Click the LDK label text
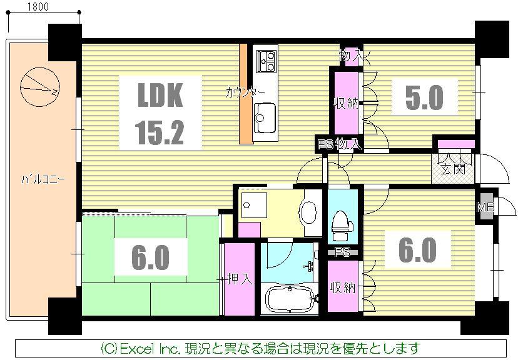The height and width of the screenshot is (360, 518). pyautogui.click(x=160, y=97)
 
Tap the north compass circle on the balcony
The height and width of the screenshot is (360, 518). pyautogui.click(x=39, y=87)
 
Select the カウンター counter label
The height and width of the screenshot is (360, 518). pyautogui.click(x=245, y=93)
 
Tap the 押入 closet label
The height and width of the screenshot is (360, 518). pyautogui.click(x=239, y=279)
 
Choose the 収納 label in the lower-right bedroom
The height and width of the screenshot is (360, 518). pyautogui.click(x=343, y=287)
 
